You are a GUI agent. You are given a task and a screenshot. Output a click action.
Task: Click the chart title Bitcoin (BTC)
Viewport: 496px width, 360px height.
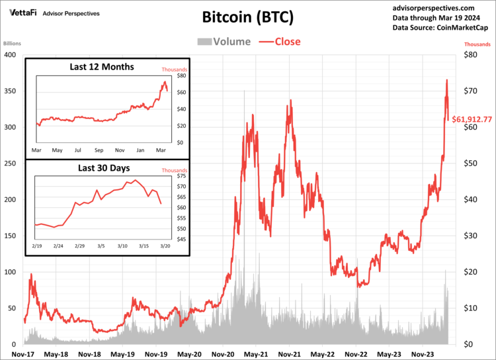click(247, 17)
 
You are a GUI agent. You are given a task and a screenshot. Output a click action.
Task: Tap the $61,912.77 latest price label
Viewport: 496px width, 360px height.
click(472, 120)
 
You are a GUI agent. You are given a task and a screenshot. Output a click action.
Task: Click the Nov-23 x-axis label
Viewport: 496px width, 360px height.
click(423, 354)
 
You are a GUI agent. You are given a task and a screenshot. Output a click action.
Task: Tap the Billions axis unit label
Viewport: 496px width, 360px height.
click(13, 44)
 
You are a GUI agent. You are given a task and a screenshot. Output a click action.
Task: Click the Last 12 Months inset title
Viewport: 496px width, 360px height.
click(102, 67)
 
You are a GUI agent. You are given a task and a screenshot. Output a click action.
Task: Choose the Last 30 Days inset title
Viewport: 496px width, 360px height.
click(101, 168)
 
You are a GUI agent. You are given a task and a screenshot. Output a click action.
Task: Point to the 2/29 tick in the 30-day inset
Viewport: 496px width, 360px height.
click(79, 246)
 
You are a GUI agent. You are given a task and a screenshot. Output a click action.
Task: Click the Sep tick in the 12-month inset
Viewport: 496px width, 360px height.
click(99, 150)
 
